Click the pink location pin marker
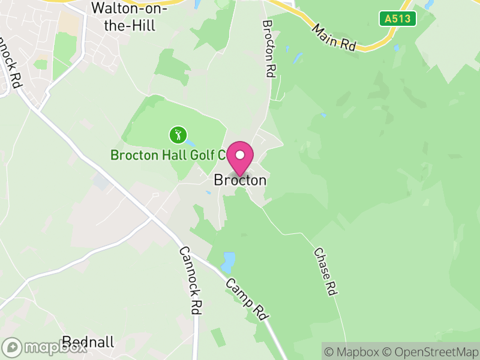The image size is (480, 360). click(x=240, y=158)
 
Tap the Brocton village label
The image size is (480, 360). click(x=240, y=180)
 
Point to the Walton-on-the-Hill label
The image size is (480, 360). click(x=123, y=17)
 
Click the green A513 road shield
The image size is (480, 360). click(x=398, y=19)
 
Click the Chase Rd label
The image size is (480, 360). click(x=324, y=272)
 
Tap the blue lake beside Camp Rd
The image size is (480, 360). click(x=228, y=262)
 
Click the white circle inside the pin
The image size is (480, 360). click(x=240, y=155)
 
